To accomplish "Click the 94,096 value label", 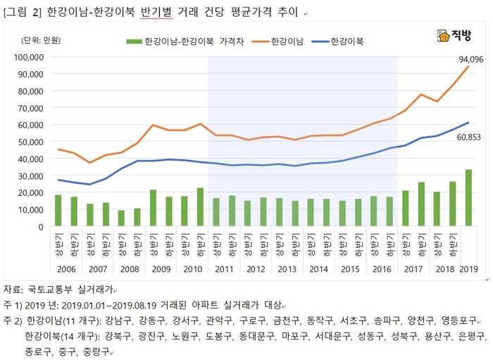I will click(471, 60).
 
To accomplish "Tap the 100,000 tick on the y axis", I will click(29, 57).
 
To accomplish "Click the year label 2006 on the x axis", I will click(67, 269).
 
